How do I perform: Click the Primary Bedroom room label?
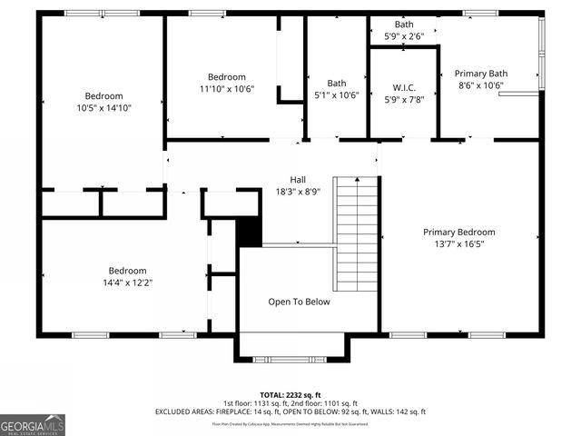[x=458, y=232]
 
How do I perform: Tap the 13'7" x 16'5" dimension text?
[x=458, y=244]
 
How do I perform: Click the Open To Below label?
[x=299, y=302]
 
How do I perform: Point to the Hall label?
[x=298, y=179]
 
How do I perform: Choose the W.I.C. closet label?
[x=404, y=88]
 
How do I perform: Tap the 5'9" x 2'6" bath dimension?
[x=404, y=36]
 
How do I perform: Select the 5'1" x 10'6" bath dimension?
[x=337, y=95]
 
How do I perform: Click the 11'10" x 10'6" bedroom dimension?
[x=226, y=89]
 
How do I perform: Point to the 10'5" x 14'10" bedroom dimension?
[x=103, y=108]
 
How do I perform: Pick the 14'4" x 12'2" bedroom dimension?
[x=127, y=282]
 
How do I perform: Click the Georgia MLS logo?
[x=33, y=424]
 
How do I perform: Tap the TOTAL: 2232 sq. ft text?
[x=290, y=395]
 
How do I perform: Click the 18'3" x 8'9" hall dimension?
[x=298, y=192]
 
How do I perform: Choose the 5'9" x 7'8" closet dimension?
[x=404, y=100]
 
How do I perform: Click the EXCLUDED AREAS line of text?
[x=290, y=412]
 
